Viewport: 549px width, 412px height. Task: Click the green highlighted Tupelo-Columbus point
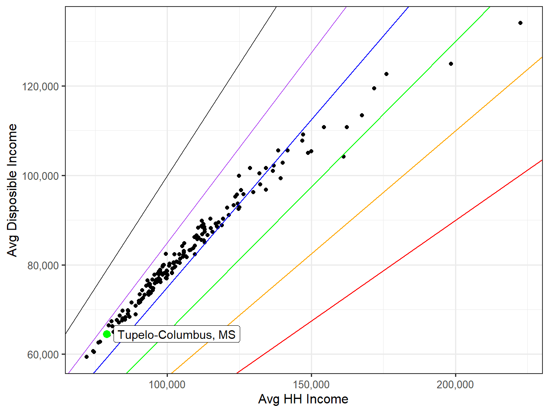pyautogui.click(x=107, y=334)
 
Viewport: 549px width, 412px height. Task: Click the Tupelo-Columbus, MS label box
pyautogui.click(x=176, y=335)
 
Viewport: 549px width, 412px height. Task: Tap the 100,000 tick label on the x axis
pyautogui.click(x=167, y=385)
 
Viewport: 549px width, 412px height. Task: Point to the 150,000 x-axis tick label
pyautogui.click(x=311, y=385)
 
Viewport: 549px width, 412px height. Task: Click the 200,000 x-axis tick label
pyautogui.click(x=455, y=385)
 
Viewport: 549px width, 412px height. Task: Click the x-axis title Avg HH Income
pyautogui.click(x=303, y=399)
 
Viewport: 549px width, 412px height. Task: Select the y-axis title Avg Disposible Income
pyautogui.click(x=13, y=190)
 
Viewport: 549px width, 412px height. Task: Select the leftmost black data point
pyautogui.click(x=87, y=357)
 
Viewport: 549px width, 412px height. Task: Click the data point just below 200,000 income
pyautogui.click(x=451, y=64)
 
